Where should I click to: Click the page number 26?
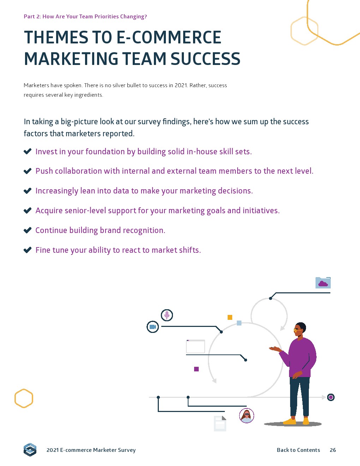332,450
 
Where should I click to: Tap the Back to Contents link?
298,450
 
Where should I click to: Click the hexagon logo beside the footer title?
30,449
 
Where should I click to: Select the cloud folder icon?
323,283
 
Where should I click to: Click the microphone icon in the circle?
167,315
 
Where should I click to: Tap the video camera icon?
153,327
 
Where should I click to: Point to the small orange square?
230,317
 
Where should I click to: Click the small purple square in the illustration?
196,369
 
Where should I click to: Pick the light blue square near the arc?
239,323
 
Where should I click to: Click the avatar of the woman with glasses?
247,416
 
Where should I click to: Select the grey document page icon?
220,423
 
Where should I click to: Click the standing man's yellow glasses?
296,330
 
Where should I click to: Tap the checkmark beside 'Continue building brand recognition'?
28,230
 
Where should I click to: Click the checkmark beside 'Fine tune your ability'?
28,250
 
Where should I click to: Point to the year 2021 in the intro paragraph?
181,85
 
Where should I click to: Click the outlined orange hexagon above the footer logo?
24,398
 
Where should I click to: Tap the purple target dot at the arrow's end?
331,397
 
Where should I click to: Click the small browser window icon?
196,346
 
